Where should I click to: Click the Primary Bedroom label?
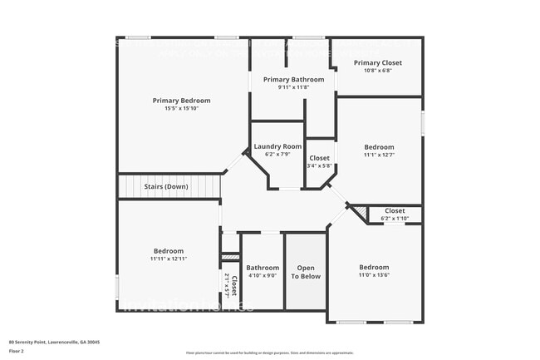pos(181,101)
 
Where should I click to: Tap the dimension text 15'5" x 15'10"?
pos(181,109)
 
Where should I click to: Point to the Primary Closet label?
pos(377,62)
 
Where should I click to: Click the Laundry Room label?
pos(277,146)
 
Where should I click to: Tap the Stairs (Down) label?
pos(166,186)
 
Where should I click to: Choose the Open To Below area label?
pos(306,272)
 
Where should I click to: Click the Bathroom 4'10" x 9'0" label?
pos(263,268)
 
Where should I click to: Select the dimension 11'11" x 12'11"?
pos(169,259)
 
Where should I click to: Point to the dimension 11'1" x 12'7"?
pos(379,154)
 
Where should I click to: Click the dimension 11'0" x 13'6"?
pos(374,275)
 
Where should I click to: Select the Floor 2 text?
pos(17,352)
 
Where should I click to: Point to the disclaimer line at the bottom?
pos(270,353)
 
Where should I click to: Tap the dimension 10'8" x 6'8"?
pos(377,71)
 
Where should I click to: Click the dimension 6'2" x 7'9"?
pos(277,155)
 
